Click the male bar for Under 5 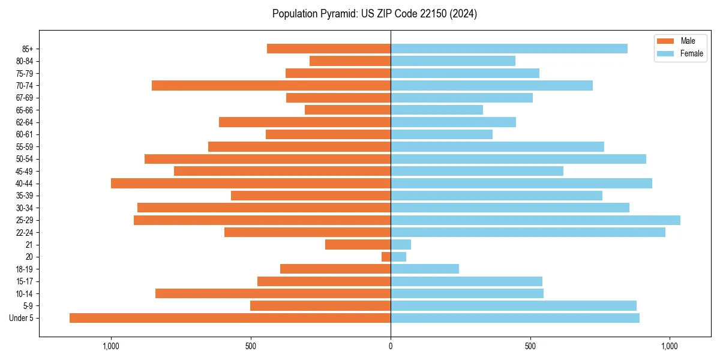[230, 318]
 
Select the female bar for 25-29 [535, 220]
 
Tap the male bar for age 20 [386, 257]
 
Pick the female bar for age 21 [401, 245]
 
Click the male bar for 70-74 [271, 86]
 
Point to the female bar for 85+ [509, 49]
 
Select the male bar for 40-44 [251, 184]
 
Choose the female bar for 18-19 [425, 269]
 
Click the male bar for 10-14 [273, 293]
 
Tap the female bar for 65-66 [437, 110]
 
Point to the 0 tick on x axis [391, 346]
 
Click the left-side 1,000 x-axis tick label [111, 346]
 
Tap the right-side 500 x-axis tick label [530, 346]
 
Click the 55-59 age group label [25, 147]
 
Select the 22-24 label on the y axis [25, 233]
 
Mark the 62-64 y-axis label [25, 122]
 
